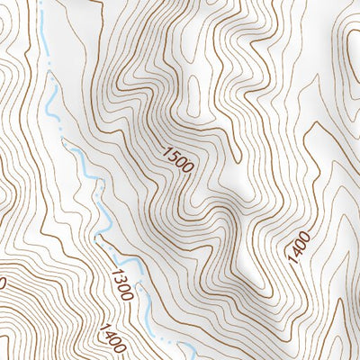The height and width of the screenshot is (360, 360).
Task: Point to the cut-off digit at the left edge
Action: (3, 283)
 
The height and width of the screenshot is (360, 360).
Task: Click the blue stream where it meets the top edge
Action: (40, 4)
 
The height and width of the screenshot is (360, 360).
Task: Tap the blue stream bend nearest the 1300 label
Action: (101, 236)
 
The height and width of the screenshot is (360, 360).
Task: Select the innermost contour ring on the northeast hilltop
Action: (353, 40)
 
